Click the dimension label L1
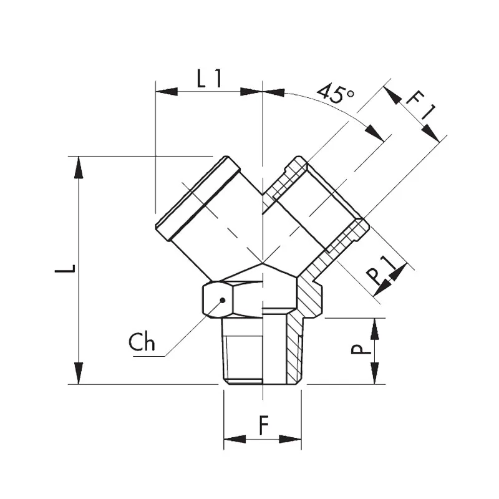click(209, 79)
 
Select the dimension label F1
click(420, 105)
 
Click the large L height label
click(65, 269)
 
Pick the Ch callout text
click(142, 342)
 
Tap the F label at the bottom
click(263, 425)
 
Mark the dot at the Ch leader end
click(223, 300)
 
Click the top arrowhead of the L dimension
click(79, 167)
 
